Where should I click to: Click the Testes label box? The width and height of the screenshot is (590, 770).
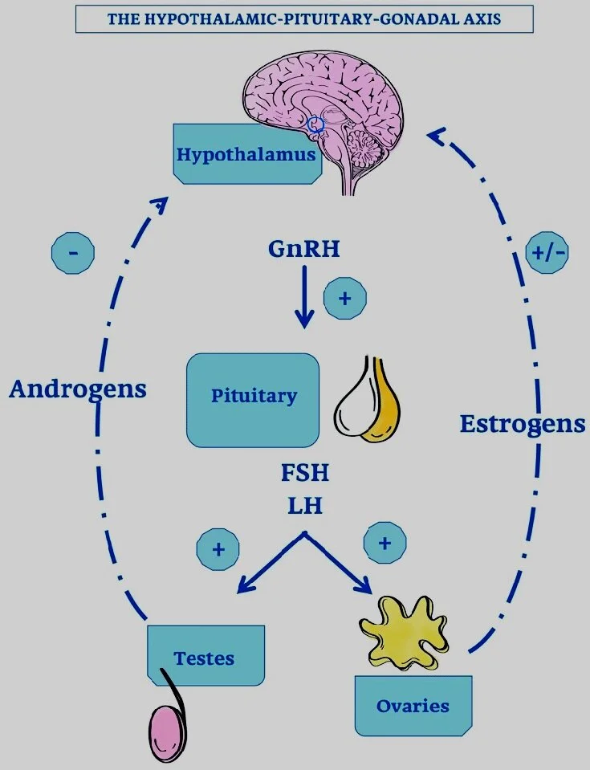coord(205,657)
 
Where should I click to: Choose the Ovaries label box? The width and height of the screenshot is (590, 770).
coord(413,706)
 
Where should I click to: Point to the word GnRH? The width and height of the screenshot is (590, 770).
coord(304,250)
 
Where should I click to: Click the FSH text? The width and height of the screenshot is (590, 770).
coord(304,472)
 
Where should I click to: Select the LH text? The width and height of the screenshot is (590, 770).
coord(304,507)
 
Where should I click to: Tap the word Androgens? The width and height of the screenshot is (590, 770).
coord(78,389)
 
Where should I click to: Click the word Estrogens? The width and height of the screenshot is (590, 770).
coord(522,422)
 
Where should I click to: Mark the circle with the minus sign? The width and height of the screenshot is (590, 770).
coord(73,254)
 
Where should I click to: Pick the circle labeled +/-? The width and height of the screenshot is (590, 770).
coord(547,251)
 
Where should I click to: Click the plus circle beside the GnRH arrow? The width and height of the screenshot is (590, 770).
coord(345,299)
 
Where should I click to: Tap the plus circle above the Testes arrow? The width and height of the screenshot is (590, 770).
coord(218,550)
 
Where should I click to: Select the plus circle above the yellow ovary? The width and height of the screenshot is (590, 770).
coord(385,544)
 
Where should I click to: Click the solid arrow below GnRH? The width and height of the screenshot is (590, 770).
coord(304,296)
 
